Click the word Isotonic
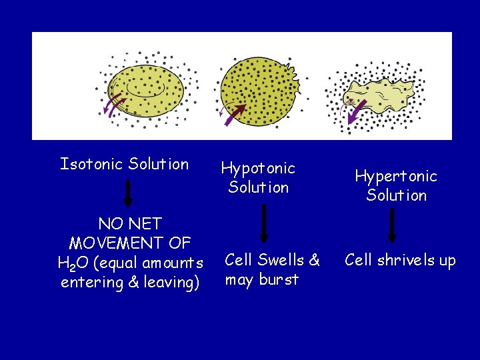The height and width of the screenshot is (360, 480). [91, 164]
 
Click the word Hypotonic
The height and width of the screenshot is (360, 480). [258, 169]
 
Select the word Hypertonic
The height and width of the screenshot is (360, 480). [396, 177]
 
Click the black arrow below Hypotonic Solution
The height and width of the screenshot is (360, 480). [264, 223]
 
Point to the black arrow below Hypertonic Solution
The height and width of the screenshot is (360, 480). [392, 225]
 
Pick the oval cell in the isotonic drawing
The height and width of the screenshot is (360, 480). [147, 90]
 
